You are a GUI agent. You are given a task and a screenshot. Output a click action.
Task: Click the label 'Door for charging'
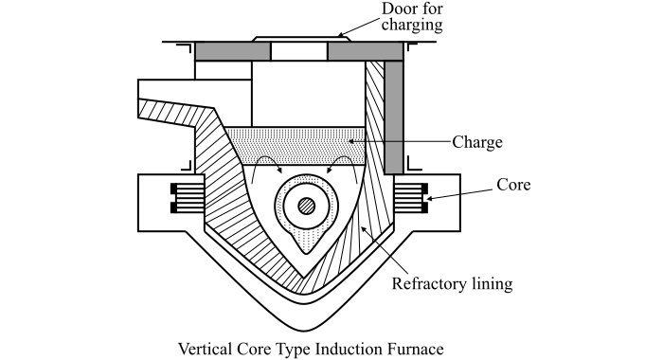(412, 17)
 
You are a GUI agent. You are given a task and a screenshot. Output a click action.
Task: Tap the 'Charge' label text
(477, 142)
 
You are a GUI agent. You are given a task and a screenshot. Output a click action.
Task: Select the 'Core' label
(513, 185)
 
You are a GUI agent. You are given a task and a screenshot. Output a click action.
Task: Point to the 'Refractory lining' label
(452, 283)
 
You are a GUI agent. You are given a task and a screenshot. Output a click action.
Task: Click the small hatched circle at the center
(307, 206)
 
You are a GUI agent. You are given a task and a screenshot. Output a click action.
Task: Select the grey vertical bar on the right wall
(394, 117)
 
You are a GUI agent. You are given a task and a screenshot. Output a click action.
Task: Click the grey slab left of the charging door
(233, 51)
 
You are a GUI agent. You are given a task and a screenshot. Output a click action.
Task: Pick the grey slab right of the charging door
(366, 51)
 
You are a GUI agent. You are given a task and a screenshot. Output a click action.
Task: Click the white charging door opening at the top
(299, 51)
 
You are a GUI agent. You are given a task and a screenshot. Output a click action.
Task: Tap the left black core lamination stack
(188, 198)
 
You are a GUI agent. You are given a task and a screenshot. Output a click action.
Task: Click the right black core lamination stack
(410, 198)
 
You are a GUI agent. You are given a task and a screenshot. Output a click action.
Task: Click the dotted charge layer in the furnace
(296, 145)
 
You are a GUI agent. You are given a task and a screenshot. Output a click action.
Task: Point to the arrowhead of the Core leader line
(430, 198)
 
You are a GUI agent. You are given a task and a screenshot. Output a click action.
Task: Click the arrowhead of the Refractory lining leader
(363, 229)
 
